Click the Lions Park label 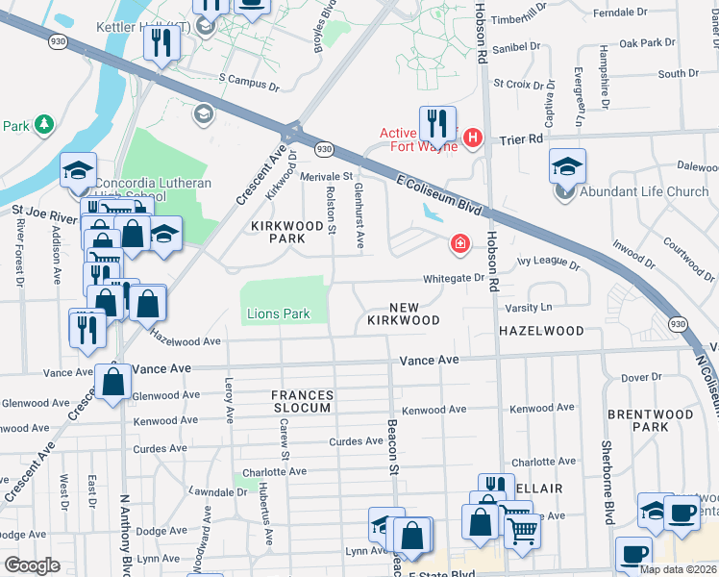(277, 314)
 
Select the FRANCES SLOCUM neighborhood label (302, 401)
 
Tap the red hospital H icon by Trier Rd (472, 138)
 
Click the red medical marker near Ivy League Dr (461, 243)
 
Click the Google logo (31, 565)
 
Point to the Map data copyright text (678, 569)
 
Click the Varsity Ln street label (531, 307)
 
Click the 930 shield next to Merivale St (325, 149)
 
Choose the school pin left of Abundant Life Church (567, 166)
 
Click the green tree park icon (43, 125)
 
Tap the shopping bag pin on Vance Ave (113, 383)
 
